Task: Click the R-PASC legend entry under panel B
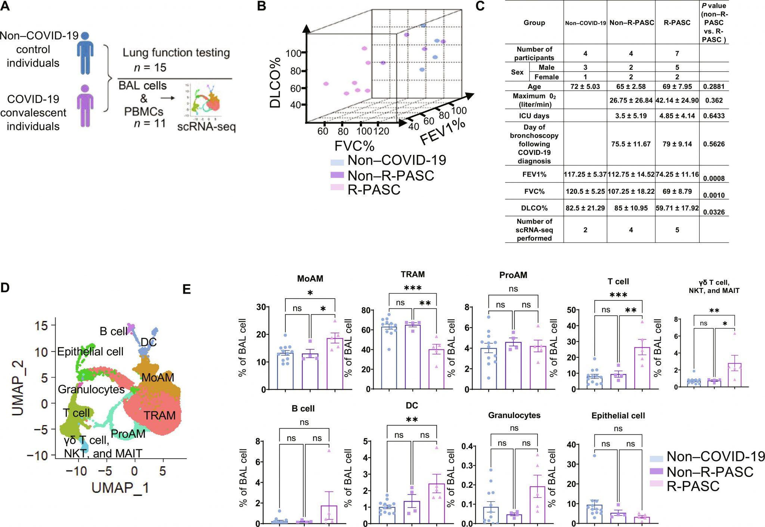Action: [374, 190]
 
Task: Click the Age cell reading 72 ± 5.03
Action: [585, 87]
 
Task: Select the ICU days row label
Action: [534, 115]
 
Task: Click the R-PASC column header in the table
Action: [677, 22]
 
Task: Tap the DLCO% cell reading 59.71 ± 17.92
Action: [677, 208]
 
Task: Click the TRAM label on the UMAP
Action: [159, 415]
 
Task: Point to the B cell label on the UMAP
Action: [114, 331]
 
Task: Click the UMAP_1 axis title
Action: [120, 488]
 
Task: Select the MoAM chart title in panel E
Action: [310, 278]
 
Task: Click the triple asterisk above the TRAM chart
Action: [412, 288]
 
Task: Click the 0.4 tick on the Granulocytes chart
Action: [467, 446]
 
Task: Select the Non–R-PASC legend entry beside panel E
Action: [710, 472]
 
